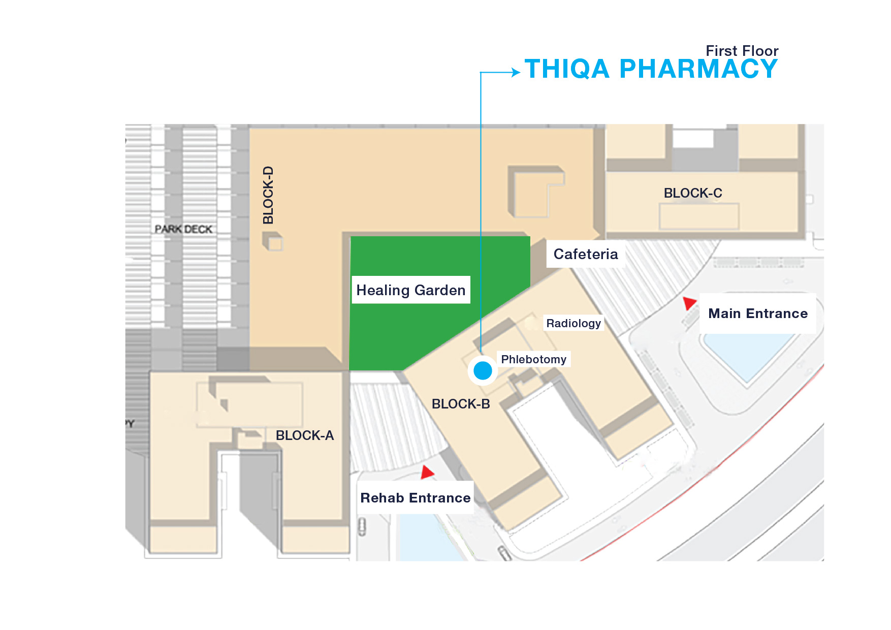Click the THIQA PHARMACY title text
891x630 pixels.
pyautogui.click(x=651, y=69)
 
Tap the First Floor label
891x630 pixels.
pyautogui.click(x=742, y=51)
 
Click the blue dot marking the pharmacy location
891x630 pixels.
pyautogui.click(x=483, y=370)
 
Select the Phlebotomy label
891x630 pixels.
pyautogui.click(x=533, y=359)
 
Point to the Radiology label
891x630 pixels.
pyautogui.click(x=574, y=323)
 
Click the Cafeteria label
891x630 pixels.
pyautogui.click(x=586, y=254)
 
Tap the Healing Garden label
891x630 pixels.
pyautogui.click(x=411, y=290)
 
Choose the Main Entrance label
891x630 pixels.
pyautogui.click(x=758, y=313)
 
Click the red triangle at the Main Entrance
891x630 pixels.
pyautogui.click(x=689, y=303)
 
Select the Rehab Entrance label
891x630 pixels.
pyautogui.click(x=416, y=498)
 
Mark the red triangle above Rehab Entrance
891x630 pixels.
pyautogui.click(x=427, y=472)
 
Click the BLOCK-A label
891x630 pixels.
pyautogui.click(x=305, y=435)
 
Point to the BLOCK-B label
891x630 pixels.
pyautogui.click(x=461, y=404)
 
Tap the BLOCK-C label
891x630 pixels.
pyautogui.click(x=693, y=193)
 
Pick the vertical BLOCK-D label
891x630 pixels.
pyautogui.click(x=268, y=195)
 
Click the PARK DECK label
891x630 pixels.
pyautogui.click(x=183, y=229)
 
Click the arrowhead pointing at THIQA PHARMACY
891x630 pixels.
pyautogui.click(x=516, y=73)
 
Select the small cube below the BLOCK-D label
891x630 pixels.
pyautogui.click(x=273, y=241)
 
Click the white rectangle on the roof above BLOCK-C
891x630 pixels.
pyautogui.click(x=693, y=138)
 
